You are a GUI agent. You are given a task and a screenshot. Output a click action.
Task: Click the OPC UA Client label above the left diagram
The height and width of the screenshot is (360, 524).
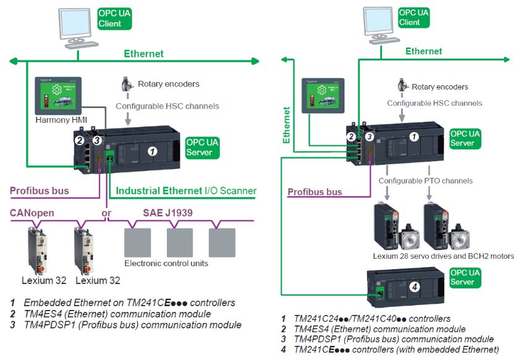point(114,18)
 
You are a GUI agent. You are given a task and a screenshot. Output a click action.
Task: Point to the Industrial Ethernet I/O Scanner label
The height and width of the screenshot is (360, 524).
point(186,191)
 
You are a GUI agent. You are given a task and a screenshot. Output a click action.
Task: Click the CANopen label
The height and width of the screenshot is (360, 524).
point(32,213)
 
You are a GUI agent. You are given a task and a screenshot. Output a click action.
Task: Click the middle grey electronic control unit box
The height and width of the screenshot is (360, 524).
point(179,242)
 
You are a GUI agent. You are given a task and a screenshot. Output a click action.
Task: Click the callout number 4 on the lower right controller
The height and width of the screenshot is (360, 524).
point(415,286)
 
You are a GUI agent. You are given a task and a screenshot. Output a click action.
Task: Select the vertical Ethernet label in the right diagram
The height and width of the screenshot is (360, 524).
point(287,125)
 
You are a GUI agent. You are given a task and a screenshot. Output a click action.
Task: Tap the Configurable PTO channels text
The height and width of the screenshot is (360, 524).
point(425,181)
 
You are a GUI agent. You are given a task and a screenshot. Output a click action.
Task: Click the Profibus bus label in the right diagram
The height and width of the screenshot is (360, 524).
point(315,192)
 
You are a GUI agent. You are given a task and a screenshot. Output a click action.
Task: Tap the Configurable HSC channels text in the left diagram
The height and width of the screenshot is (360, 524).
point(167,106)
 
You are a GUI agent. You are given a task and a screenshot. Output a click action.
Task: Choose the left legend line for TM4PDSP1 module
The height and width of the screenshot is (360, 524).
point(126,325)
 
